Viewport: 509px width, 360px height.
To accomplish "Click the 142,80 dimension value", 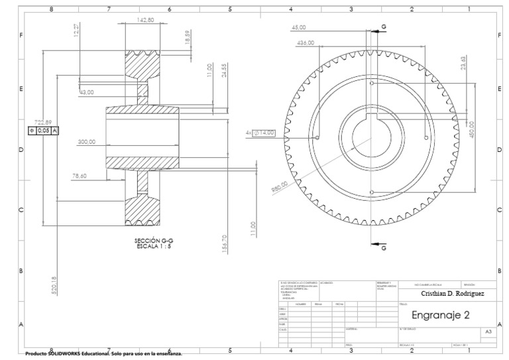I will click(x=145, y=21).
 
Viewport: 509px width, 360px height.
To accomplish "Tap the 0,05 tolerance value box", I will click(x=44, y=131).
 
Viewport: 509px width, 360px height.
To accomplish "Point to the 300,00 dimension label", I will click(x=87, y=142).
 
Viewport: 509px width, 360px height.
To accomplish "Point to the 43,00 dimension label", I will click(x=87, y=93).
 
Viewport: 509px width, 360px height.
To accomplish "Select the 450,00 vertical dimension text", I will click(x=472, y=129).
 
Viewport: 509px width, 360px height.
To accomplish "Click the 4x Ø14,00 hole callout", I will click(x=259, y=133).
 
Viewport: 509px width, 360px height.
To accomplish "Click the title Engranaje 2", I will click(x=441, y=314).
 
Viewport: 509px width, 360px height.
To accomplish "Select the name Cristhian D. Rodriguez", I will click(x=451, y=293).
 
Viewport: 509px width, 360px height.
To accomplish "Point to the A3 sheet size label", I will click(x=488, y=331).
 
